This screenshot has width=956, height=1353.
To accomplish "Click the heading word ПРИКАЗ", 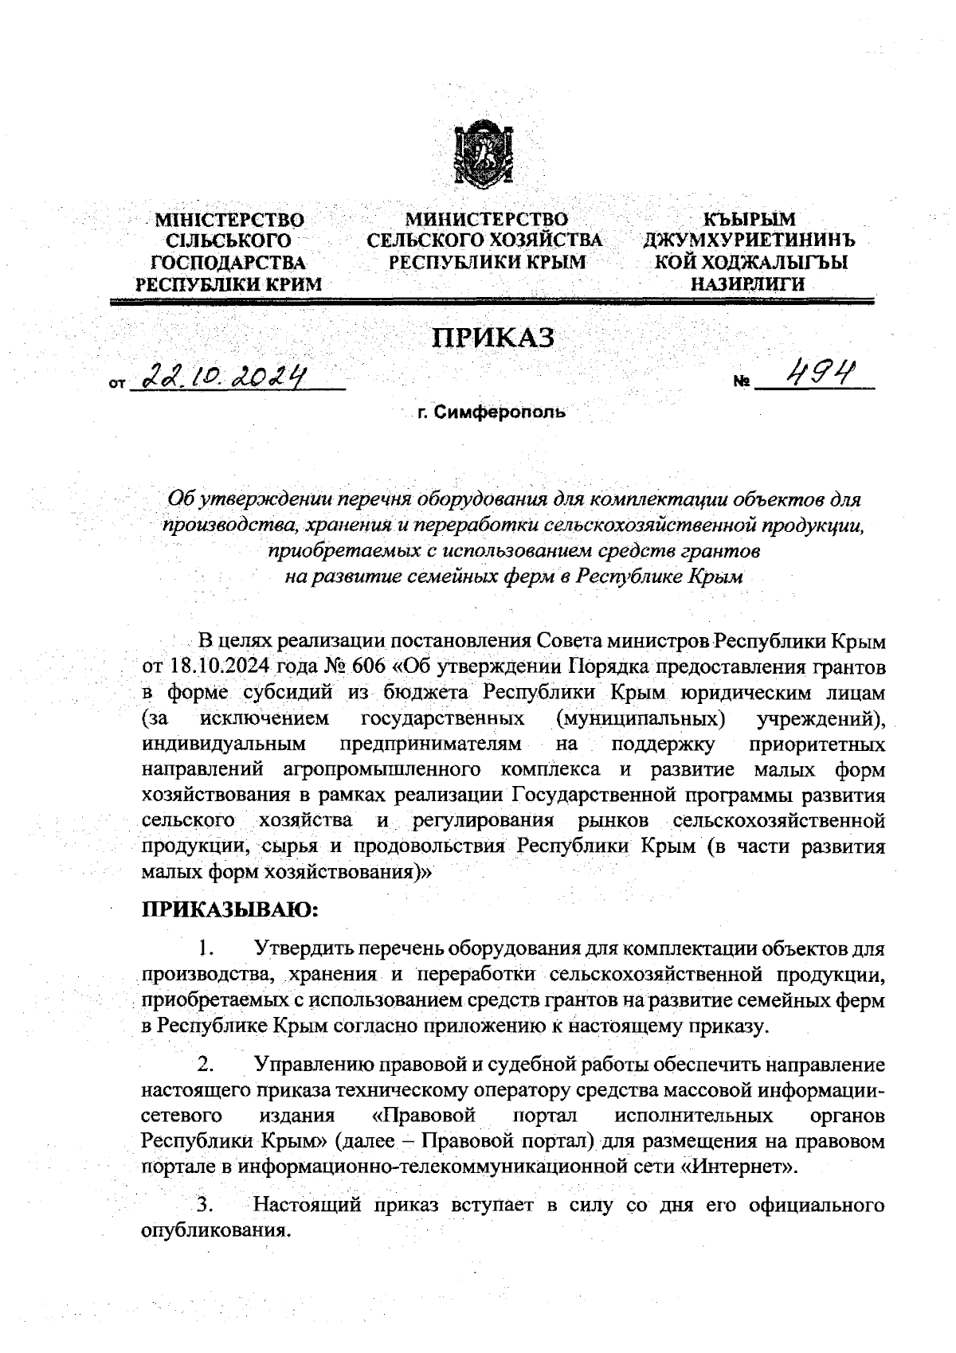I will pos(492,338).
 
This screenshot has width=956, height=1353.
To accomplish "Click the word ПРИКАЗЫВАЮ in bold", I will pos(229,909).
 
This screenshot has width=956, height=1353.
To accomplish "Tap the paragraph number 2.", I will pos(206,1065).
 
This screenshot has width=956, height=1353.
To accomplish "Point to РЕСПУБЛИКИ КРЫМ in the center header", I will pos(485,262).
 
